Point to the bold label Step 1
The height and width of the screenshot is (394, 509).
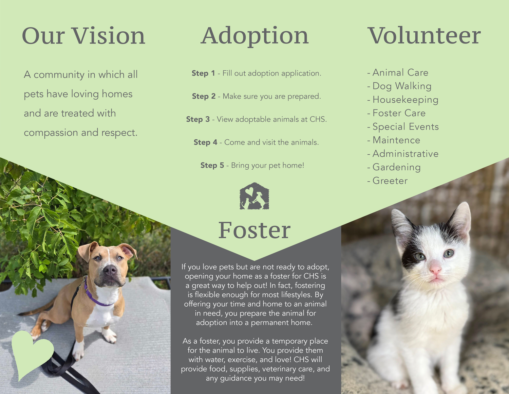203,73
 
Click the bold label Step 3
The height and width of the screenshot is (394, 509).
198,119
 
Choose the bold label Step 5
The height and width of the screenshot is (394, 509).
212,166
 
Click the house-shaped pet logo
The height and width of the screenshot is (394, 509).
254,196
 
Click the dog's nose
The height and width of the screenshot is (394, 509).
110,270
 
